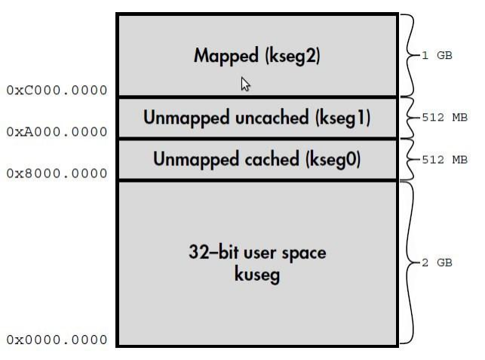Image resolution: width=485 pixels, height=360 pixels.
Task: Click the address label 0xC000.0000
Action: (x=57, y=91)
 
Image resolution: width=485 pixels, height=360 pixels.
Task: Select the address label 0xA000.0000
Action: (x=57, y=132)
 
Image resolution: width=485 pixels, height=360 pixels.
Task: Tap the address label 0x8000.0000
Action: (x=57, y=174)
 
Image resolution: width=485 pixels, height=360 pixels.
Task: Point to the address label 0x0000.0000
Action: (x=57, y=340)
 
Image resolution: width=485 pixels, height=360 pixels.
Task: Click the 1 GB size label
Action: (x=437, y=56)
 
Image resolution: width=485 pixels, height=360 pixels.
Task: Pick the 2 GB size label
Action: (x=437, y=263)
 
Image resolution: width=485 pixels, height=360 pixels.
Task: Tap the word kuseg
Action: (x=257, y=275)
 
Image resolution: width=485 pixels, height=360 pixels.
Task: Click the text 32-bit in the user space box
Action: (x=212, y=252)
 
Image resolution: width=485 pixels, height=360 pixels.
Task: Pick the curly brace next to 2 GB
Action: (x=408, y=263)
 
